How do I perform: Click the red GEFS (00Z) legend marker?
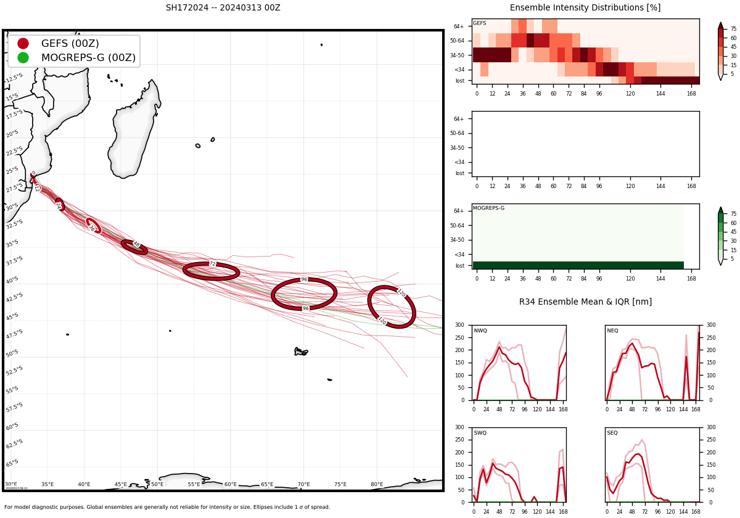[x=23, y=43]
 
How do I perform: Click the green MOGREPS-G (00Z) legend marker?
[x=23, y=57]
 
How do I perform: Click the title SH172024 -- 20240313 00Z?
[x=223, y=8]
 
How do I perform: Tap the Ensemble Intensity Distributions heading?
[x=585, y=8]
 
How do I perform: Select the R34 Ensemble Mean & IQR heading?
[x=585, y=302]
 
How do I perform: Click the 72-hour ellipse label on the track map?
[x=212, y=264]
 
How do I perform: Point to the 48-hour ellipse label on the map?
[x=136, y=244]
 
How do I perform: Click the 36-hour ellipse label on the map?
[x=92, y=228]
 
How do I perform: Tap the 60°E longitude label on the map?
[x=231, y=485]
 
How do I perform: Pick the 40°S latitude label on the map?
[x=12, y=281]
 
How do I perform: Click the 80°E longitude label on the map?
[x=377, y=485]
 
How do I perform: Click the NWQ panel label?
[x=480, y=331]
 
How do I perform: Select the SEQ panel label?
[x=612, y=433]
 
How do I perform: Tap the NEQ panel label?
[x=612, y=331]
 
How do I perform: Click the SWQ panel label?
[x=480, y=433]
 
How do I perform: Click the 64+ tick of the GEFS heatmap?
[x=459, y=27]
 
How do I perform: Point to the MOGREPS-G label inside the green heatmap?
[x=488, y=208]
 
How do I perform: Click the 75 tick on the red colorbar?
[x=733, y=29]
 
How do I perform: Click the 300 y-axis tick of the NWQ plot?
[x=459, y=325]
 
